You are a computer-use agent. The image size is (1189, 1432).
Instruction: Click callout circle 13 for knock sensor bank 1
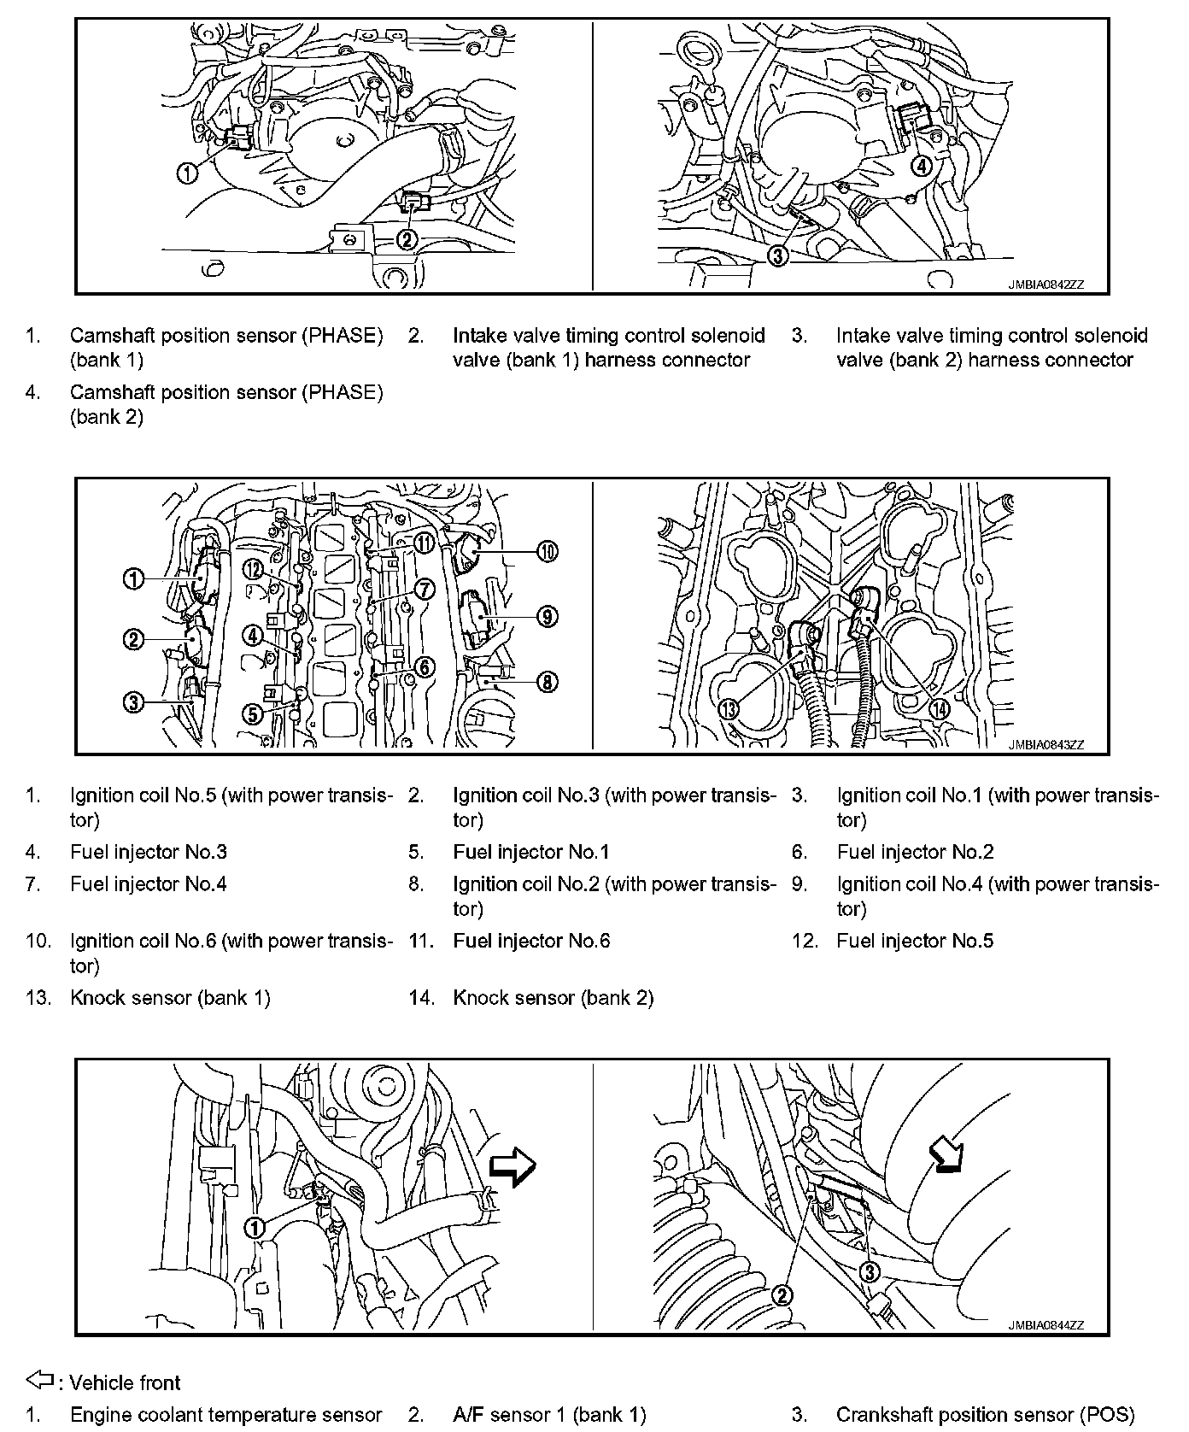(728, 708)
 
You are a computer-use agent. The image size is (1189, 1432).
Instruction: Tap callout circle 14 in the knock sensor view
(939, 708)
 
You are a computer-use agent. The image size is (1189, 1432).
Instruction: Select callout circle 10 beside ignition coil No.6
(548, 552)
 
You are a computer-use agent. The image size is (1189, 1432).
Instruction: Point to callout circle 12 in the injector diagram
(252, 569)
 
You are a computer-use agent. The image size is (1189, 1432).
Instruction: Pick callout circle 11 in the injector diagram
(424, 542)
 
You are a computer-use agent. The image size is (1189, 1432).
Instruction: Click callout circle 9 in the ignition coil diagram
(548, 616)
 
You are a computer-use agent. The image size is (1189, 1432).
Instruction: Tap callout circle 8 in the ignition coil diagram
(548, 681)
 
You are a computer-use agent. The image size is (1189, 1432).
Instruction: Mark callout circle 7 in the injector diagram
(425, 589)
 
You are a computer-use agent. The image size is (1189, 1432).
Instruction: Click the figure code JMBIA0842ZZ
(1045, 285)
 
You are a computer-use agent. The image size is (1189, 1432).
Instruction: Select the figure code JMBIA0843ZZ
(1045, 745)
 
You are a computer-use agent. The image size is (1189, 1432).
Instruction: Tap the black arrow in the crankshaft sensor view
(946, 1158)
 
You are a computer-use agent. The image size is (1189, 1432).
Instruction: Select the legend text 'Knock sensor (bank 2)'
(553, 997)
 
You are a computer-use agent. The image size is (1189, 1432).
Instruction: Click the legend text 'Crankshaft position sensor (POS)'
(985, 1415)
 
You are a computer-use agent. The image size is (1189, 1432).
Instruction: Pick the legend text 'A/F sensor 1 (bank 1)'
(549, 1415)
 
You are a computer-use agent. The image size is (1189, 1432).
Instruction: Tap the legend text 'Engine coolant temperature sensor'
(225, 1415)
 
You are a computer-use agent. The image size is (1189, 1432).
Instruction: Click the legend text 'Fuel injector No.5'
(915, 941)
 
